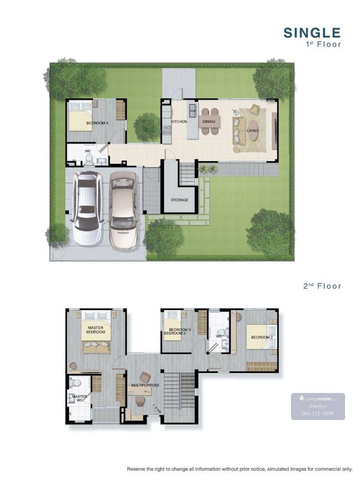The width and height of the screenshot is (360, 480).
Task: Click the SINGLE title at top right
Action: pos(312,33)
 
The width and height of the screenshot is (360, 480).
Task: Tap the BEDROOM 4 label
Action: pos(97,123)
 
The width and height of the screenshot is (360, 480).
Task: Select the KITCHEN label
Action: pos(179,121)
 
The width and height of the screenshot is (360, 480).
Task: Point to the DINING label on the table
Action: pos(209,121)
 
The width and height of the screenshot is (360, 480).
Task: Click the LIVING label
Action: pos(253,130)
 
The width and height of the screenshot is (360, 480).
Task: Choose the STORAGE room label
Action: pos(179,200)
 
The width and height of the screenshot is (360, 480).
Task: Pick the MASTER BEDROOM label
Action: pos(95,329)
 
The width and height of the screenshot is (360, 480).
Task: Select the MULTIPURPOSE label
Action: pos(145,385)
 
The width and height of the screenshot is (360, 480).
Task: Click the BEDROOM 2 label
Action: pos(262,337)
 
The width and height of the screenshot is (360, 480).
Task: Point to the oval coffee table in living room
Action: pos(253,131)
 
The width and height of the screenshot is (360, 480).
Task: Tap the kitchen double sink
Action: pos(192,111)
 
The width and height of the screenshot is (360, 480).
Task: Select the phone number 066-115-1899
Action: pos(317,413)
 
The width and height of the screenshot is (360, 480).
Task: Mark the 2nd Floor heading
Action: pos(322,286)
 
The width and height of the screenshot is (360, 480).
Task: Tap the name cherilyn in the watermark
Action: pos(317,406)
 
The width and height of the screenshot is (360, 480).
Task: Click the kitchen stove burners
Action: pos(166,130)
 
